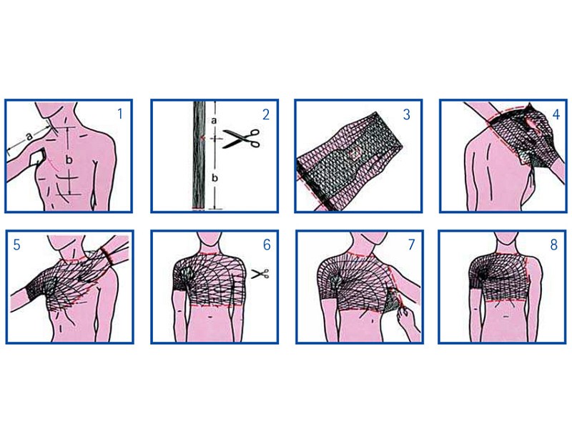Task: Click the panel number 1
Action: pos(120,114)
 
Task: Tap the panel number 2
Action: pos(266,114)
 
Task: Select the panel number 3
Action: pos(407,114)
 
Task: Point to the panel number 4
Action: pos(556,114)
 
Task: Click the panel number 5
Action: pos(16,245)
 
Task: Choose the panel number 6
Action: pos(267,245)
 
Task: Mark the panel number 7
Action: pos(412,245)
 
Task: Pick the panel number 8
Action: pos(553,245)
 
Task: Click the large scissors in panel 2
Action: pos(241,139)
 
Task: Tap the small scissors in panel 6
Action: pos(260,274)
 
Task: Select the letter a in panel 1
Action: pos(29,137)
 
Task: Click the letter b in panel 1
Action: pos(69,159)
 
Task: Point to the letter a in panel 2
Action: pos(214,120)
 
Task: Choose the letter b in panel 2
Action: pos(215,178)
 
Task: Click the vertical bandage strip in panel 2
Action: pos(199,156)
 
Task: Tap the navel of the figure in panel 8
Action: pos(506,317)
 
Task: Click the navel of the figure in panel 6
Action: pos(212,317)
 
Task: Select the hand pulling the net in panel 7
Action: pos(408,319)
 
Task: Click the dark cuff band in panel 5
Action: pos(107,257)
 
